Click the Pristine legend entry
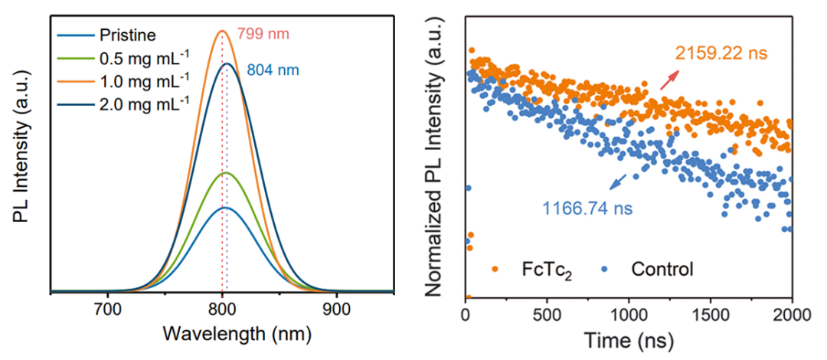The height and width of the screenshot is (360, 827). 126,35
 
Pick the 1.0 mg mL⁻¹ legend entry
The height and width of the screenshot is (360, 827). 142,80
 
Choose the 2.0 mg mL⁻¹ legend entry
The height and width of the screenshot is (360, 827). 142,103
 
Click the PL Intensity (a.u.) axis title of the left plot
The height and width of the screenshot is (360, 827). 21,154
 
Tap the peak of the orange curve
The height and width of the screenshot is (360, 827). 222,31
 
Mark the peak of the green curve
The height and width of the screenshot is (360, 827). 226,173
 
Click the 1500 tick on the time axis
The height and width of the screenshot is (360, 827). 711,315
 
